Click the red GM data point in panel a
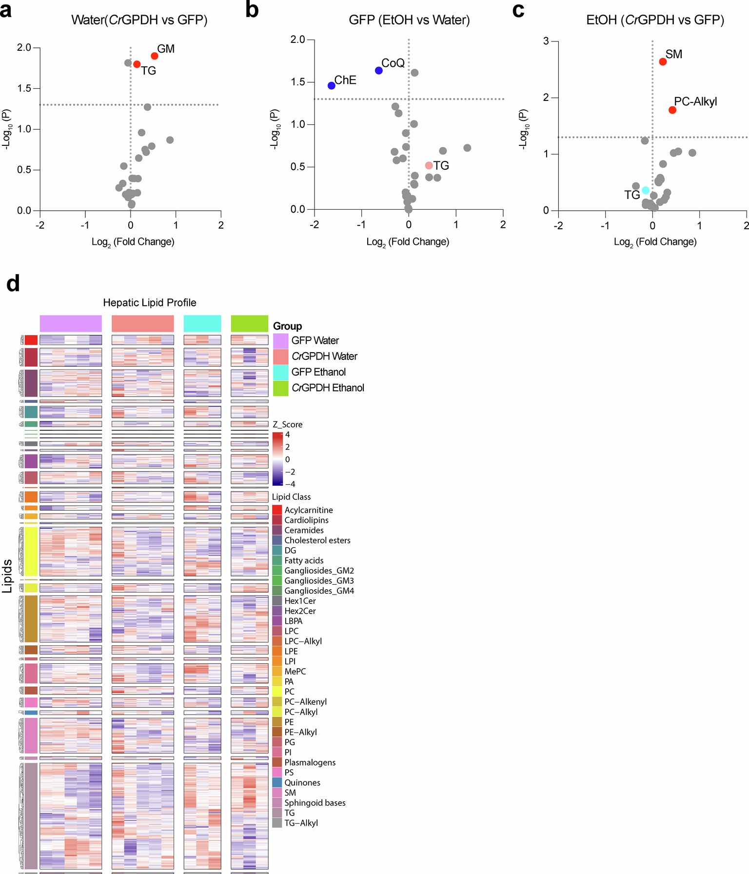tap(155, 56)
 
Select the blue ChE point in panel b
tap(332, 85)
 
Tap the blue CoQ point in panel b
tap(379, 71)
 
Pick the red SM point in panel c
tap(663, 62)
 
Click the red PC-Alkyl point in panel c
tap(672, 110)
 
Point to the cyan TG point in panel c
tap(646, 190)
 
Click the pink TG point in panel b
tap(429, 166)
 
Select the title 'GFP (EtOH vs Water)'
tap(409, 20)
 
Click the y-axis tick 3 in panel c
tap(546, 41)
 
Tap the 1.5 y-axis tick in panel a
tap(24, 88)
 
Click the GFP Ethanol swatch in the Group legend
tap(280, 372)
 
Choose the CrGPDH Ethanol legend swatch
tap(280, 388)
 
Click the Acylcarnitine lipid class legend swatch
tap(277, 510)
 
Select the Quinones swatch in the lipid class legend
tap(277, 782)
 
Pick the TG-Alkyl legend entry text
tap(301, 823)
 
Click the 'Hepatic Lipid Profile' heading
tap(150, 303)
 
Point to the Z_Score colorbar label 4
tap(288, 435)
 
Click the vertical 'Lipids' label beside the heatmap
tap(7, 576)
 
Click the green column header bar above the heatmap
tap(249, 323)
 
